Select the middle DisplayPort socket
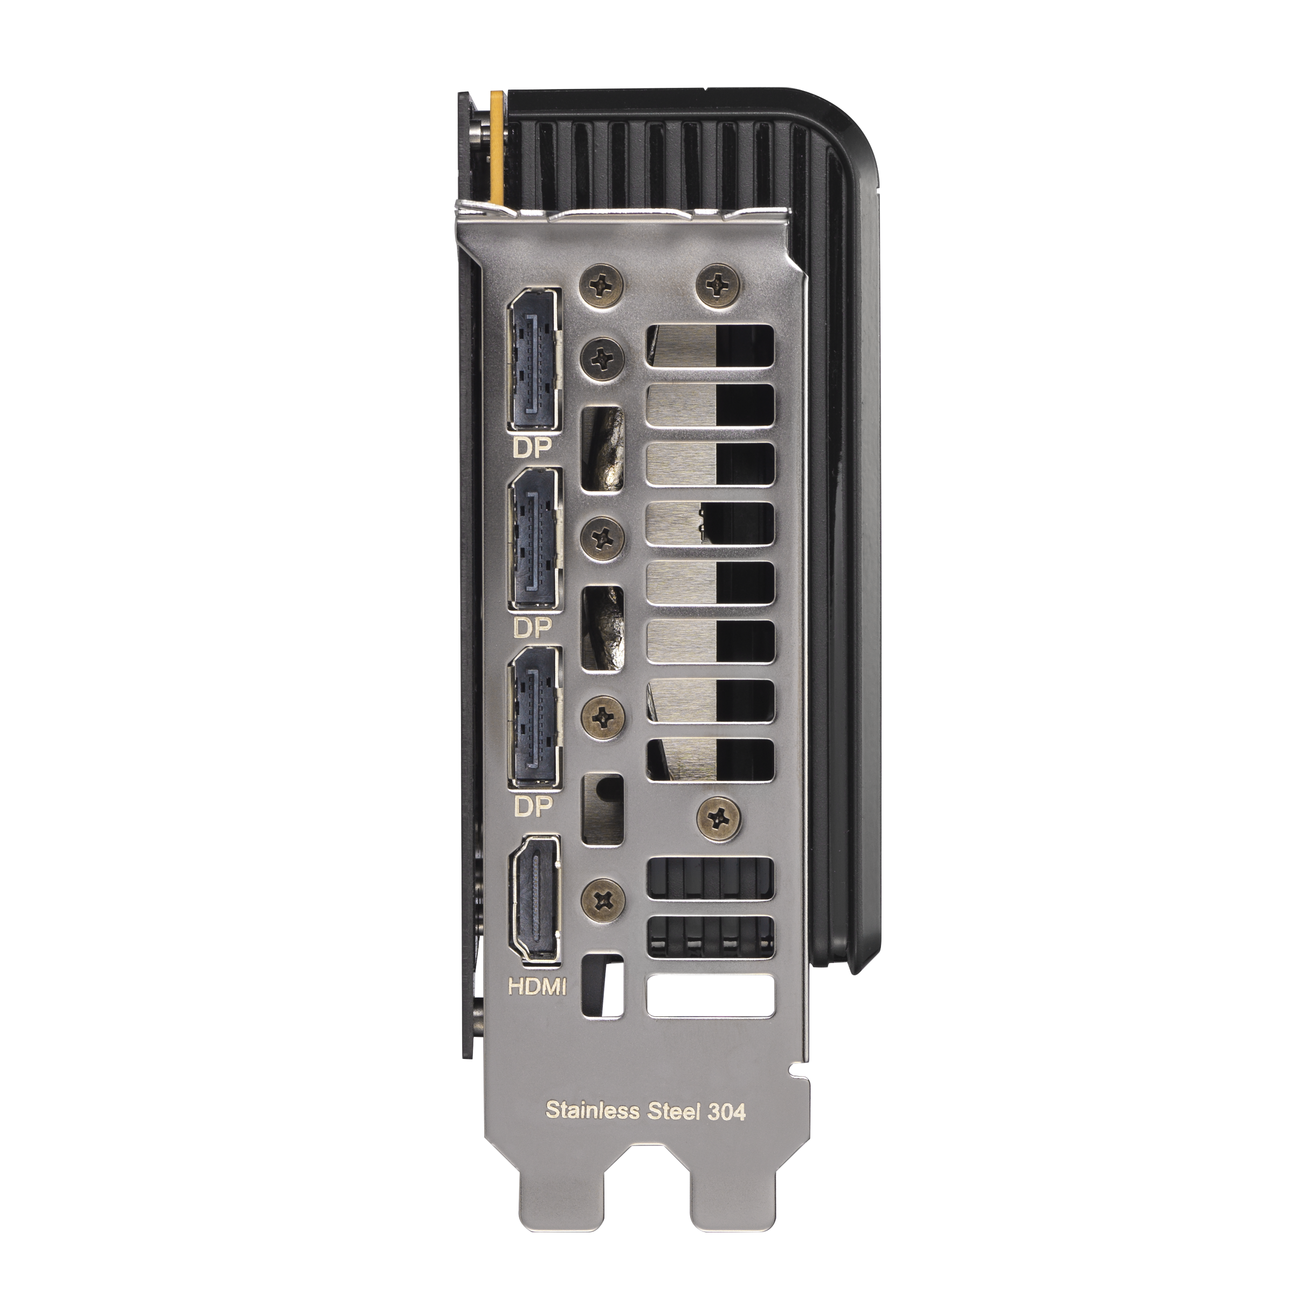click(x=534, y=540)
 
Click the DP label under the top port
click(x=532, y=448)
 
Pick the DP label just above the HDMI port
click(x=533, y=807)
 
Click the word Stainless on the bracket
click(x=592, y=1110)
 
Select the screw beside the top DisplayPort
click(x=603, y=355)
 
